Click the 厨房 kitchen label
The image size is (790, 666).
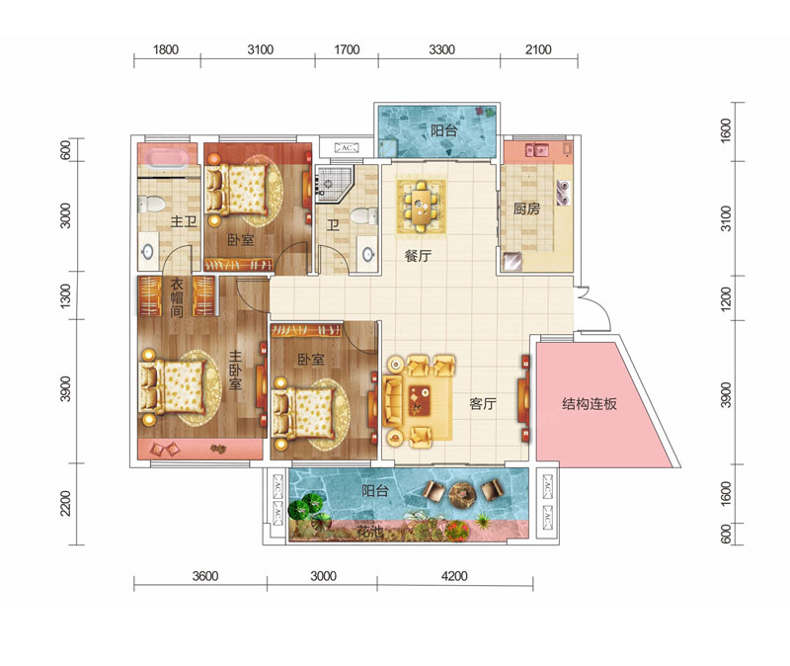(526, 208)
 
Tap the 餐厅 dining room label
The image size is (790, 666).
(418, 256)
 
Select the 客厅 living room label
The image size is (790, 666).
(482, 403)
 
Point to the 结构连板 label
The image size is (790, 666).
(589, 403)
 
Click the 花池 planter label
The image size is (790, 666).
(370, 531)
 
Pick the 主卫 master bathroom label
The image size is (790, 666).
(184, 220)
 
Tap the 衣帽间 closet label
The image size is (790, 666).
(177, 297)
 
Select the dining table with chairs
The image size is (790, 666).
(422, 207)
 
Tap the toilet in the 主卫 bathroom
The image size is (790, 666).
(150, 205)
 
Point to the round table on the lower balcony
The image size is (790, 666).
(462, 492)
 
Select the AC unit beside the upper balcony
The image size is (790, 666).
(347, 147)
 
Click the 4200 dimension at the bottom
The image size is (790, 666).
(454, 576)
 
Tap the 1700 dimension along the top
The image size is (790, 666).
(347, 49)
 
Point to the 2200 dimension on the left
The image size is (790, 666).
(65, 503)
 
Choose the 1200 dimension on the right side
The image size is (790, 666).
(725, 298)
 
